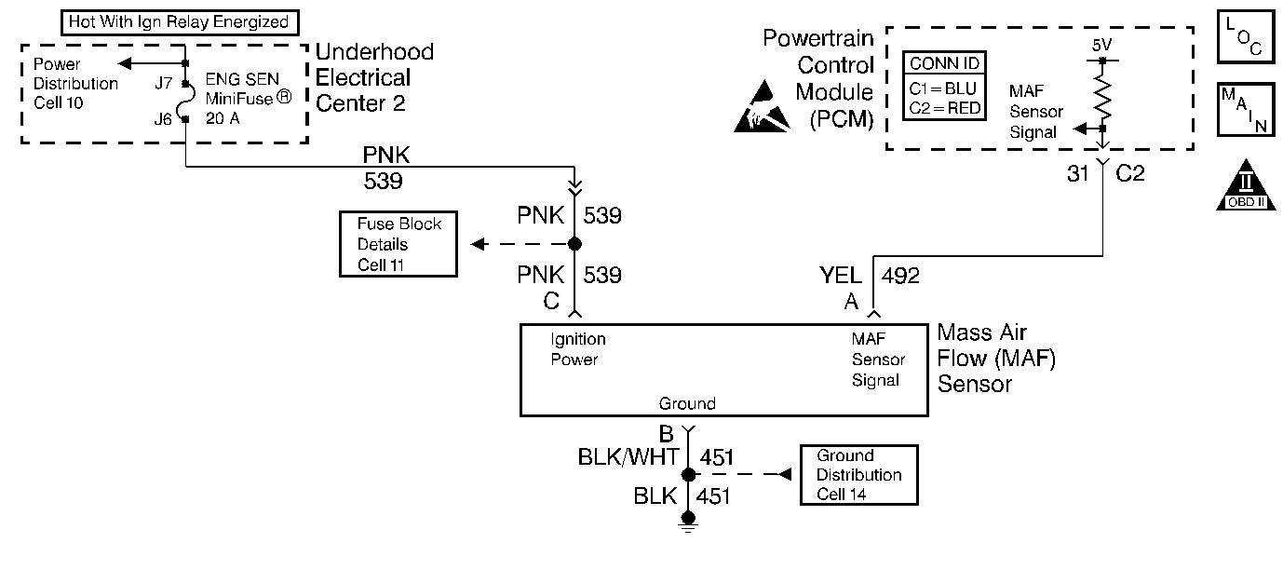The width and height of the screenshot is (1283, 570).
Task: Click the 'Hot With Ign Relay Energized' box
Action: [179, 21]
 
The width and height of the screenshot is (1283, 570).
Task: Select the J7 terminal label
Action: [164, 84]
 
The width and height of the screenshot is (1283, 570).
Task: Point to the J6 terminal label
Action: [164, 118]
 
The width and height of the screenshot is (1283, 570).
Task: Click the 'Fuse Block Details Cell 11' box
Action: [398, 244]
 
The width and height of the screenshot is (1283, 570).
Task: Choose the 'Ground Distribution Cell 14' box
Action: [858, 475]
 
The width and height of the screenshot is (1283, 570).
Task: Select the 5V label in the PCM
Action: [1102, 46]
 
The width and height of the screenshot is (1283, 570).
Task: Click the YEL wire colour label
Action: [841, 276]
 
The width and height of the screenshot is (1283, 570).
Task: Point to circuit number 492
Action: [900, 276]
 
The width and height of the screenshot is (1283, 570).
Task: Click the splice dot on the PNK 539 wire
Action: [574, 244]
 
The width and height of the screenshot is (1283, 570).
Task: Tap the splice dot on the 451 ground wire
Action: [689, 475]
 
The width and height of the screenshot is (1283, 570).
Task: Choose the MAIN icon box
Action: [1244, 110]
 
